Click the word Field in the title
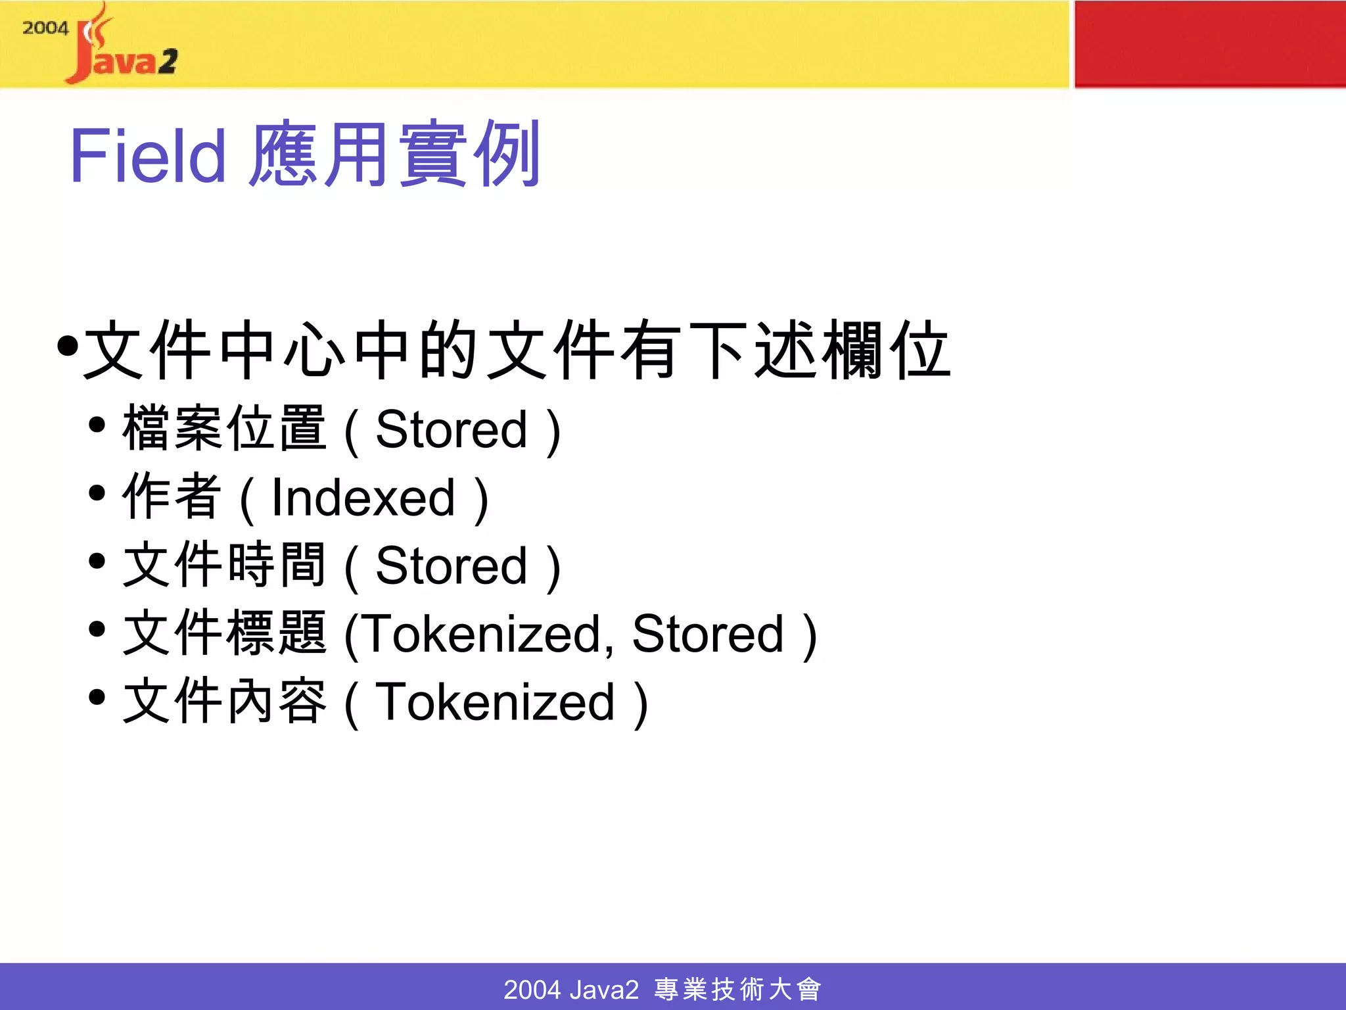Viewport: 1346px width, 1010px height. pyautogui.click(x=147, y=155)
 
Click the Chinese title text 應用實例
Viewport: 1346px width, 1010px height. pyautogui.click(x=394, y=154)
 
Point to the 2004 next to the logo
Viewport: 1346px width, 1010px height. pyautogui.click(x=45, y=28)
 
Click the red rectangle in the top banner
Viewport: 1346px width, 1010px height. pyautogui.click(x=1209, y=43)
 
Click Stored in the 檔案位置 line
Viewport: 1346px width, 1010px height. pyautogui.click(x=451, y=429)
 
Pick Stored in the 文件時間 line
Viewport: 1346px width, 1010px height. pyautogui.click(x=451, y=565)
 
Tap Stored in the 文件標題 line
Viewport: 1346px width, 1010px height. pyautogui.click(x=708, y=634)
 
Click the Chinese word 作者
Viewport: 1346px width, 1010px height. pyautogui.click(x=171, y=496)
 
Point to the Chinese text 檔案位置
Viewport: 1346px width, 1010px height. pyautogui.click(x=223, y=428)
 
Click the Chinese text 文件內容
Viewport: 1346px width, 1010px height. pyautogui.click(x=223, y=701)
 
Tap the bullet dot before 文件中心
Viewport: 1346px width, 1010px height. pyautogui.click(x=67, y=346)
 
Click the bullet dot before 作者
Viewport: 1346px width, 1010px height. pyautogui.click(x=97, y=493)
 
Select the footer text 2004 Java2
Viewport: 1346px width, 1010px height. pyautogui.click(x=570, y=990)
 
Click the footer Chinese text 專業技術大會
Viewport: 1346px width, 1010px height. pyautogui.click(x=737, y=990)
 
